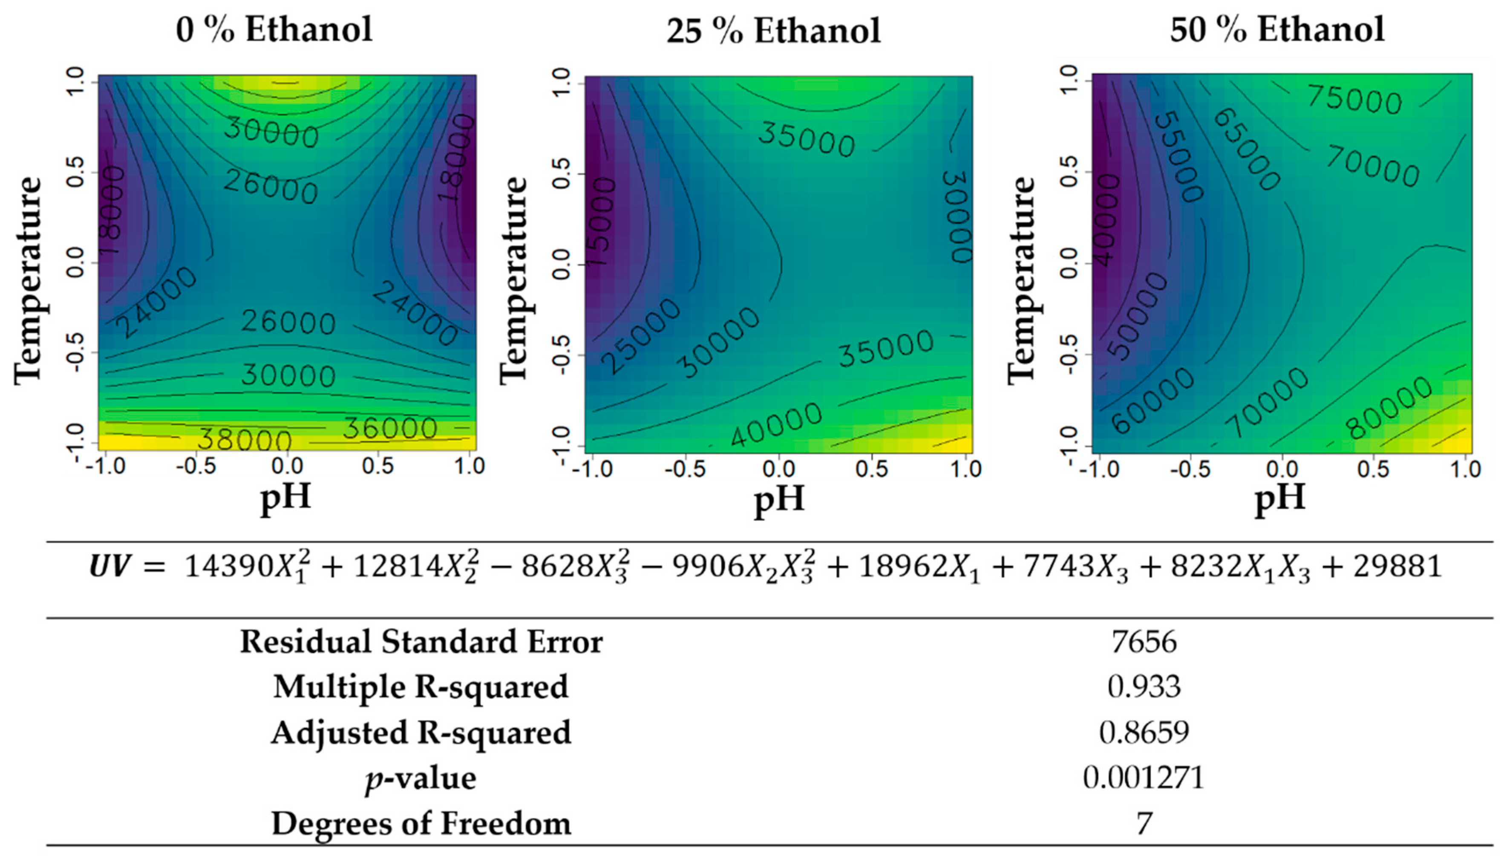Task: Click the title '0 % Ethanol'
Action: pos(274,29)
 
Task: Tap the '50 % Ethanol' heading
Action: pos(1277,29)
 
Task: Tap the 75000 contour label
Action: pos(1354,99)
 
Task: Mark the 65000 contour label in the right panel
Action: pos(1246,150)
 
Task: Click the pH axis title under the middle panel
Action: pos(779,499)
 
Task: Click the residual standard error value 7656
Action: pos(1144,642)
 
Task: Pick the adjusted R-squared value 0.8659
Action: pos(1144,732)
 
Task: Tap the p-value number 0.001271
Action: pos(1144,777)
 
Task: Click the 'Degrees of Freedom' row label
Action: pos(421,824)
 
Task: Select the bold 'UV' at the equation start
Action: pos(109,567)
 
